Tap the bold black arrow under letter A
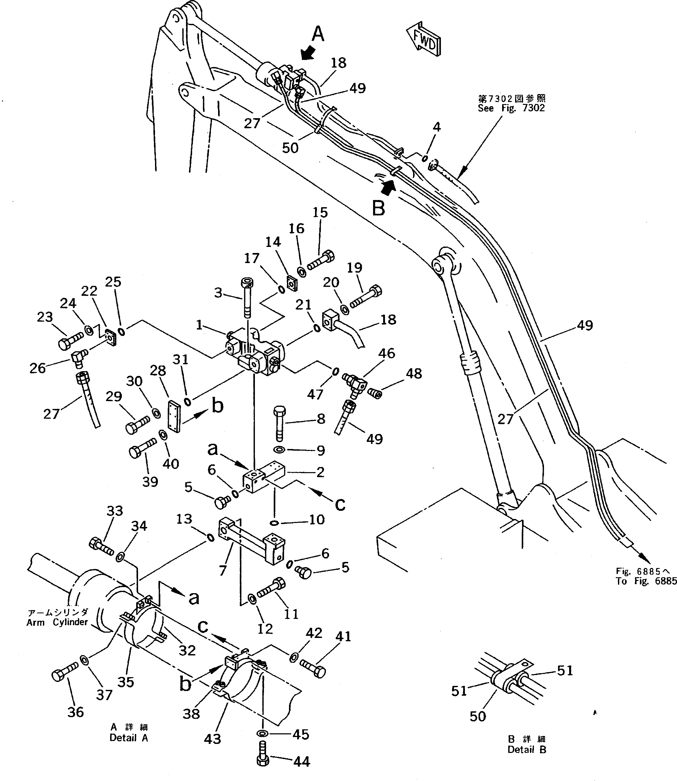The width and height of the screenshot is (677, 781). (x=309, y=53)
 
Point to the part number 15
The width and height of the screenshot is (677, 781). (x=320, y=213)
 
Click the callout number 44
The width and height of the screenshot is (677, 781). (x=302, y=762)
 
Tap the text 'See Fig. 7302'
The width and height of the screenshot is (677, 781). (x=511, y=108)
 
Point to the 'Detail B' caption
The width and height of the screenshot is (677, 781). (x=527, y=750)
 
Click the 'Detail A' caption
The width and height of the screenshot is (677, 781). (x=129, y=738)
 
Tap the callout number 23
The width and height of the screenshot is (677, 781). (x=45, y=317)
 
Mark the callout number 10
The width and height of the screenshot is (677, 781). (x=317, y=520)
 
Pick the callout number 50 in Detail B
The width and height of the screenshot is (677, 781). (x=477, y=716)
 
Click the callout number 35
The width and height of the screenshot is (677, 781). (x=125, y=682)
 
